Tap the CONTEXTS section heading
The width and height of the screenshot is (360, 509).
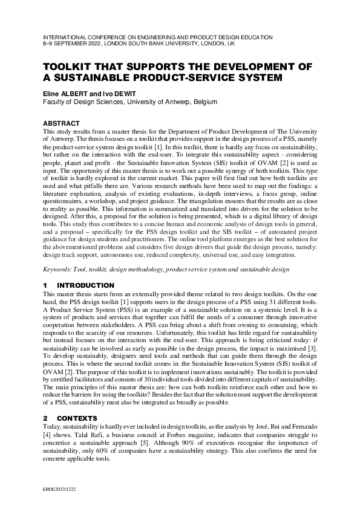(x=78, y=401)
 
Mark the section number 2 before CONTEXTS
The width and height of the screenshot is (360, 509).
(x=46, y=401)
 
